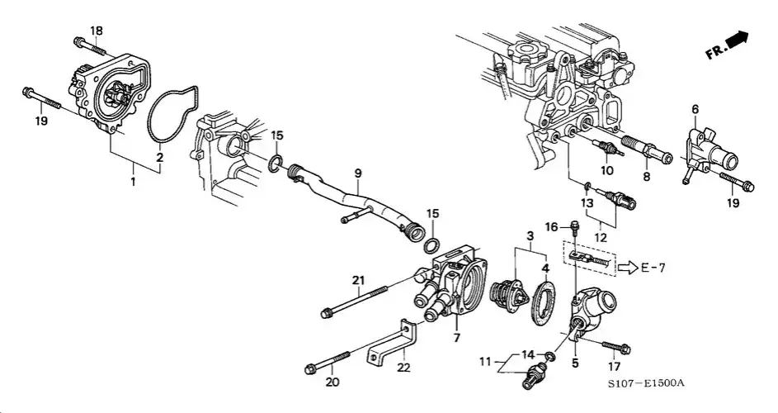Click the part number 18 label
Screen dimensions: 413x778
tap(97, 31)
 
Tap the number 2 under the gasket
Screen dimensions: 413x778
tap(159, 157)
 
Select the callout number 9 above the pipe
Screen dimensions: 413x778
tap(358, 173)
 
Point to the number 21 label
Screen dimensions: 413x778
tap(358, 281)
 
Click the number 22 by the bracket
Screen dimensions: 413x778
tap(403, 366)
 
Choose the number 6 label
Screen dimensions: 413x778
tap(695, 109)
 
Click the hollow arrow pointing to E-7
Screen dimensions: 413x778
tap(627, 266)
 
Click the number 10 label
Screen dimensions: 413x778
tap(606, 172)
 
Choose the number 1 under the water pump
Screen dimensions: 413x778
tap(134, 178)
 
